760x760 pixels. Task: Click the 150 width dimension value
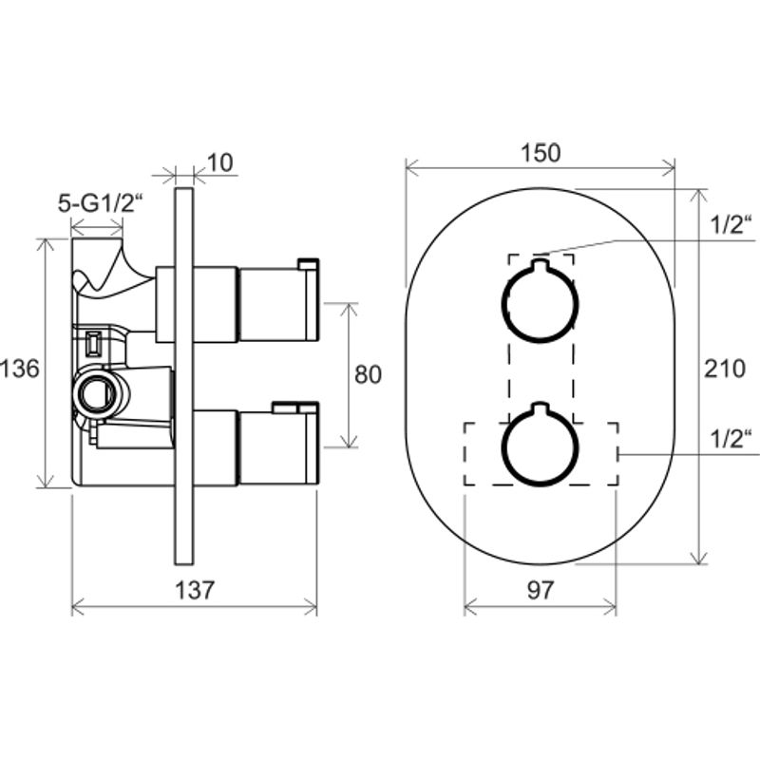pyautogui.click(x=541, y=153)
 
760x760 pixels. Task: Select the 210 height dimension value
pyautogui.click(x=725, y=369)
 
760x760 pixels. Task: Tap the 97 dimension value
pyautogui.click(x=540, y=590)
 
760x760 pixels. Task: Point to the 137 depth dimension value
pyautogui.click(x=194, y=590)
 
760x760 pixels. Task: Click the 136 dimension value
pyautogui.click(x=19, y=369)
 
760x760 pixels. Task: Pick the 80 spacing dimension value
pyautogui.click(x=368, y=374)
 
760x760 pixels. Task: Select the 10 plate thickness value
pyautogui.click(x=220, y=162)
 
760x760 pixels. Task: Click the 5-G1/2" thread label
pyautogui.click(x=102, y=203)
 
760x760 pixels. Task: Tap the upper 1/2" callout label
pyautogui.click(x=731, y=224)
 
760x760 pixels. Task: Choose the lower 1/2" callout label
pyautogui.click(x=731, y=439)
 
